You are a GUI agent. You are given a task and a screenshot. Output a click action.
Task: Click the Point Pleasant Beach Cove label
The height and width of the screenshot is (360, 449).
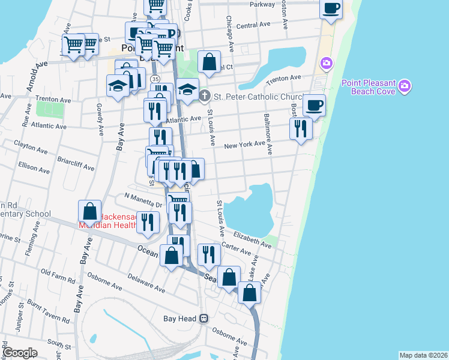(x=369, y=87)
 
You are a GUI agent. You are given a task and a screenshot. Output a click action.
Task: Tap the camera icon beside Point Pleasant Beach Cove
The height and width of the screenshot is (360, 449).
(x=405, y=87)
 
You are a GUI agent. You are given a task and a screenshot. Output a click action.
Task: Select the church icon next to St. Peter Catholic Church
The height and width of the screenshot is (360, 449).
(x=205, y=95)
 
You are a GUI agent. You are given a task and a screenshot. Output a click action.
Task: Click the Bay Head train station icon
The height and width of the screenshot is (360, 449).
(x=204, y=319)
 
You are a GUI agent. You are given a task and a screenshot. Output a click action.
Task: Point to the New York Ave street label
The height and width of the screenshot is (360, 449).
(x=244, y=145)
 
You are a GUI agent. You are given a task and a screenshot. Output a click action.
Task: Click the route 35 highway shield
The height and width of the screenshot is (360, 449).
(x=155, y=79)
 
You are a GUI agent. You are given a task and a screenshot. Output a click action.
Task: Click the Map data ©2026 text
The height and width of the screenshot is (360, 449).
(x=423, y=355)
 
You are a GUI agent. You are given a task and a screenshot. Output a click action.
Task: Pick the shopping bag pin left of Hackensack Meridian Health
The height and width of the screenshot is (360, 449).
(x=89, y=211)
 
